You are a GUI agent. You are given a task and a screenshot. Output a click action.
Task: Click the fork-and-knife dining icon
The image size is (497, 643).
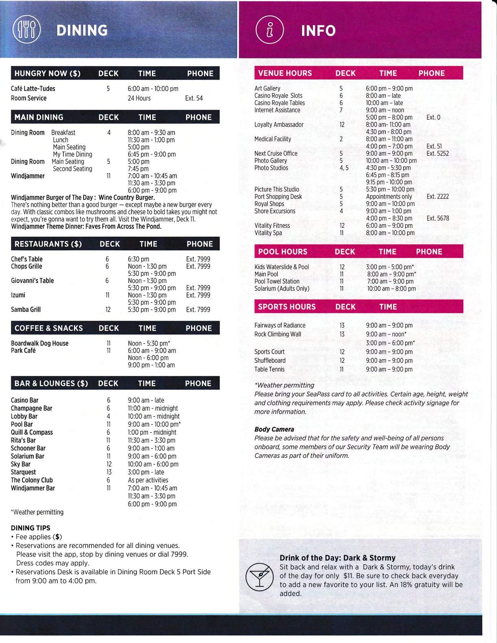tap(26, 30)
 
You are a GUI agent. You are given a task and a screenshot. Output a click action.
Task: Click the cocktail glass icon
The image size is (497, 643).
tap(259, 576)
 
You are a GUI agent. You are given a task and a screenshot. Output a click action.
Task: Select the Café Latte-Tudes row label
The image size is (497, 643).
tap(33, 88)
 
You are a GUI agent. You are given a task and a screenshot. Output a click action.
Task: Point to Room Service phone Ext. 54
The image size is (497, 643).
tap(194, 98)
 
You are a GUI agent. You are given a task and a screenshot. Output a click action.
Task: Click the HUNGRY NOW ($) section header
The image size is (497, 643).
tap(48, 73)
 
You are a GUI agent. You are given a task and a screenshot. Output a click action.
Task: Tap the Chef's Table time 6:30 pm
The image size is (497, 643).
tap(138, 259)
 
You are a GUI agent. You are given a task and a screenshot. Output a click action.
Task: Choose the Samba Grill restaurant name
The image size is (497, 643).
tap(26, 309)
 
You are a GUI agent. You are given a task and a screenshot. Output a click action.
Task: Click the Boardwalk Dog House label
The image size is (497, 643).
tap(39, 343)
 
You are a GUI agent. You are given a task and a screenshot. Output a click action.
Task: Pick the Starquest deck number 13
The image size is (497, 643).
tap(108, 472)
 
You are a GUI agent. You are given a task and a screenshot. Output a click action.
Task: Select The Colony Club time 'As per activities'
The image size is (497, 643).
tap(148, 480)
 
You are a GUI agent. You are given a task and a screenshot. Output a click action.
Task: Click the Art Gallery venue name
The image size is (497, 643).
tap(267, 88)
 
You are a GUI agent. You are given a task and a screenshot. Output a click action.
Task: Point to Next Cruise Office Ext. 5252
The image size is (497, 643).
tap(438, 153)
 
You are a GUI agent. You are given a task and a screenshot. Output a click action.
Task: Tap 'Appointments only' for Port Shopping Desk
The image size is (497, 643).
tap(389, 196)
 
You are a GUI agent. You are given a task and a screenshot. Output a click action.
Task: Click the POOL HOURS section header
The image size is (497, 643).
tap(283, 252)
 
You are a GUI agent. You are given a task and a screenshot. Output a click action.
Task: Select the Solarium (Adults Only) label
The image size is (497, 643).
tap(282, 289)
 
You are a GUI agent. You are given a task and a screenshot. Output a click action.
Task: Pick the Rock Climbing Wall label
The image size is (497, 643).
tap(278, 334)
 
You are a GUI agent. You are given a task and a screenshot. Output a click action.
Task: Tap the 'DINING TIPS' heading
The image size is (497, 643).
tap(30, 528)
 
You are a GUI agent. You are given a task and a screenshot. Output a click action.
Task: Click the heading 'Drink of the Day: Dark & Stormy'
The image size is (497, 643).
tap(337, 558)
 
